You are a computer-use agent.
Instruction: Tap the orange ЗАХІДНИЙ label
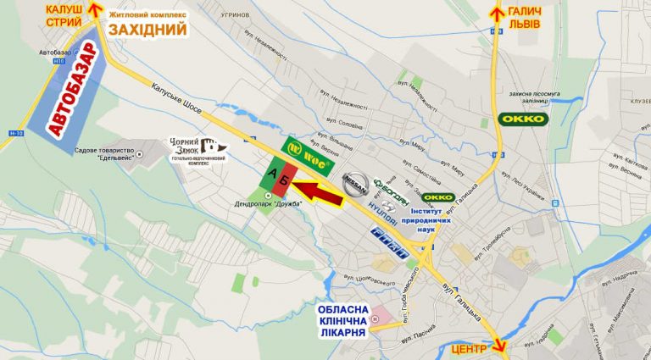[147, 30]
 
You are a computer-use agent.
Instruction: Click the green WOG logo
[308, 149]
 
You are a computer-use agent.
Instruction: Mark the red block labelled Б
[287, 175]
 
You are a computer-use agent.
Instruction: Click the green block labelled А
[272, 173]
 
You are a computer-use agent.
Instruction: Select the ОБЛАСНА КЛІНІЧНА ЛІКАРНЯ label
[343, 320]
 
